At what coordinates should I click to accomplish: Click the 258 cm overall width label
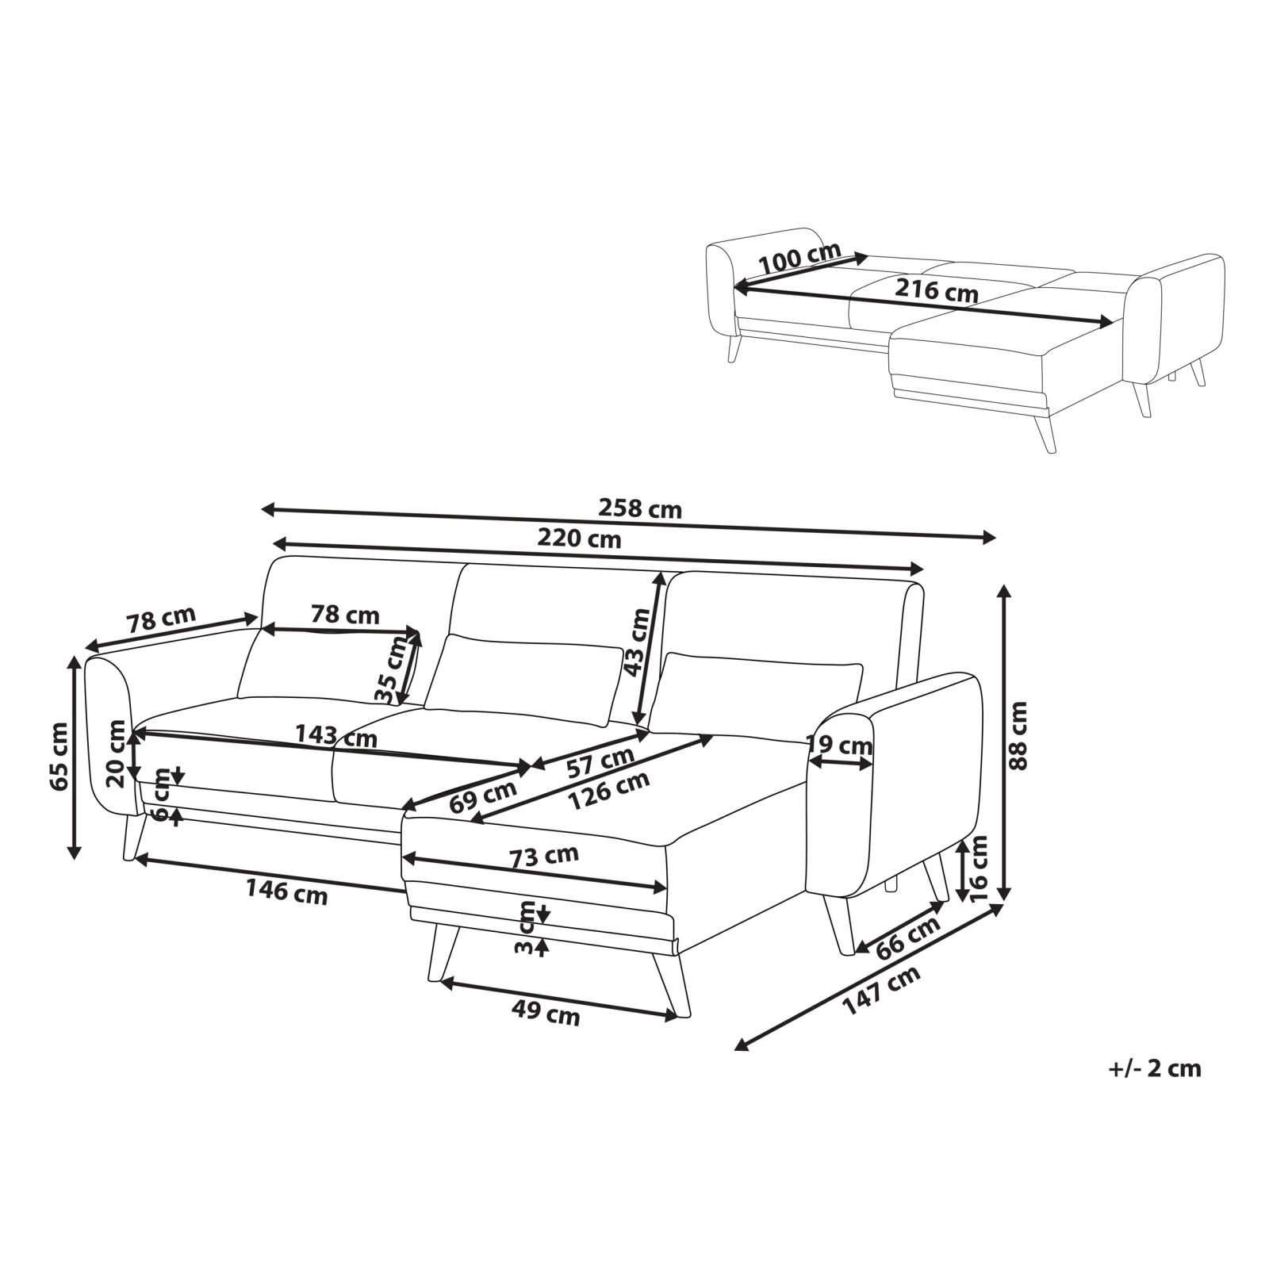point(639,508)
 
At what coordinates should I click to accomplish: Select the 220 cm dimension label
point(579,539)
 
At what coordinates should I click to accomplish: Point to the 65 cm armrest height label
point(59,757)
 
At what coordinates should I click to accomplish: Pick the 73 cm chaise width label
point(544,856)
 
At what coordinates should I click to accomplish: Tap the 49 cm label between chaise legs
point(546,1014)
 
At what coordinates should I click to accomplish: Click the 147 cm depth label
point(881,990)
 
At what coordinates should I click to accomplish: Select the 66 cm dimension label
point(907,937)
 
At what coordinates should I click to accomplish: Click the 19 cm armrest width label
point(839,746)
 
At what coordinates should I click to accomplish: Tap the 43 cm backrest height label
point(637,642)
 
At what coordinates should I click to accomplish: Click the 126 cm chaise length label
point(609,790)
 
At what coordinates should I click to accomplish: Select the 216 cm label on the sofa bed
point(937,290)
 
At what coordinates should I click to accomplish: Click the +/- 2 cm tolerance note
point(1155,1068)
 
